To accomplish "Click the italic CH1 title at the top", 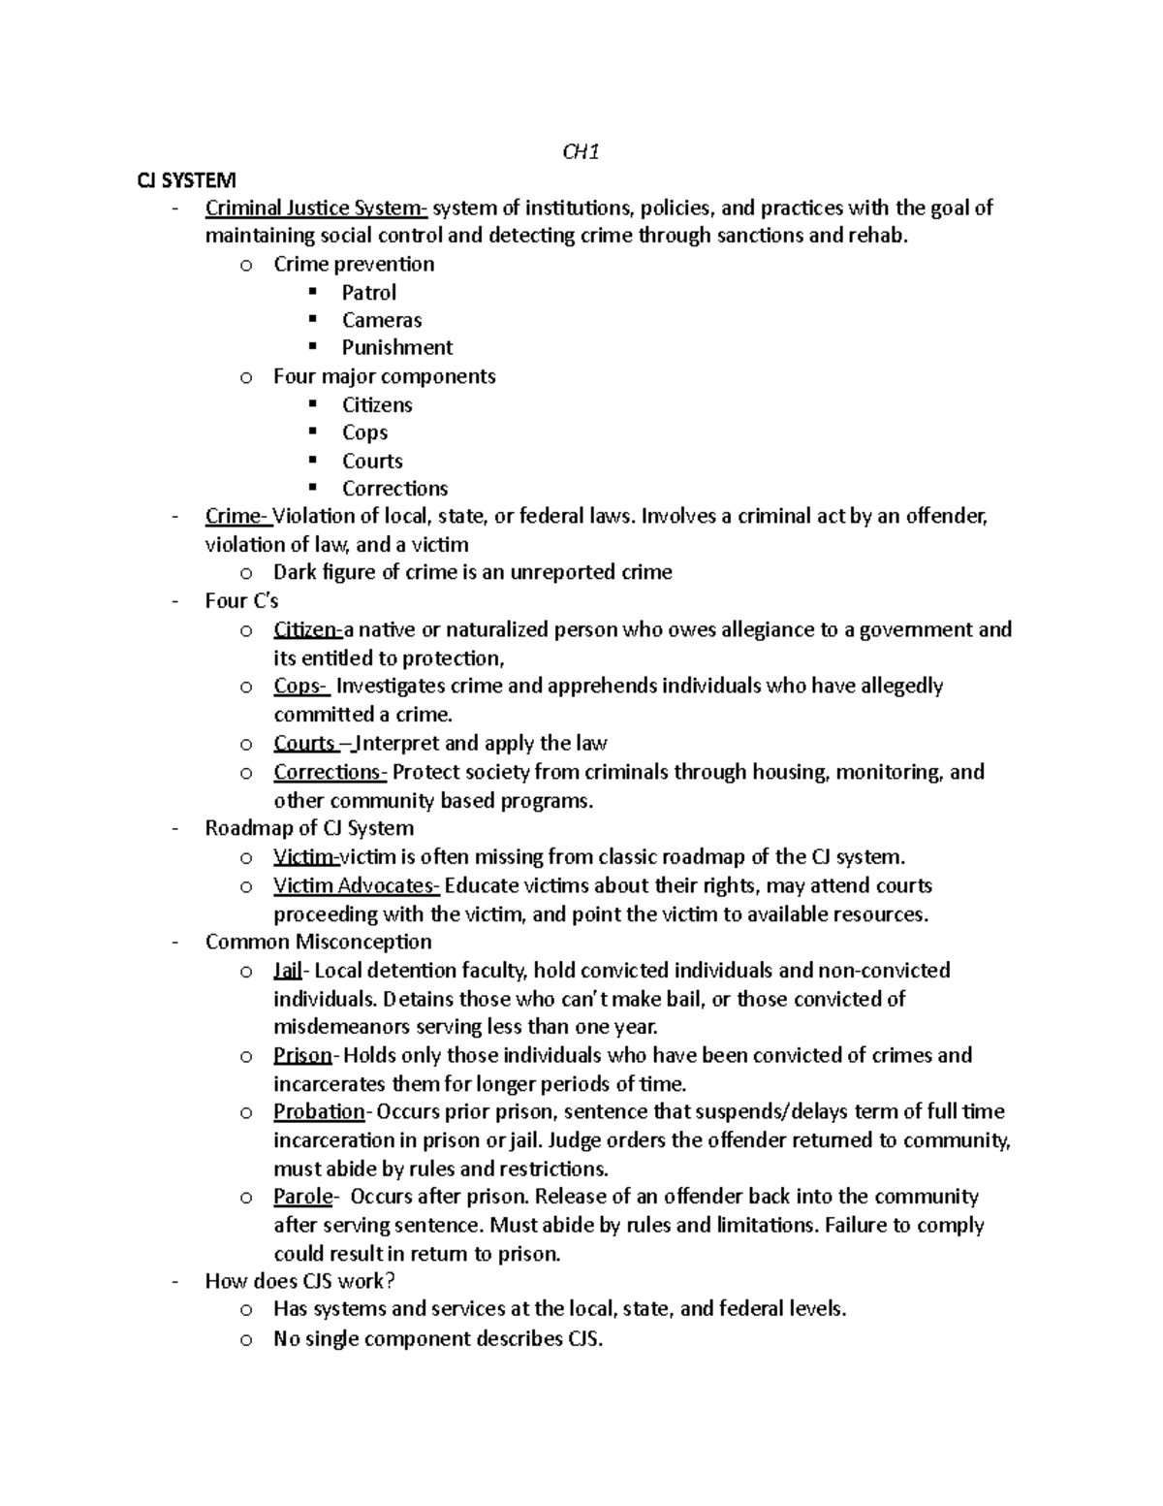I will pyautogui.click(x=581, y=151).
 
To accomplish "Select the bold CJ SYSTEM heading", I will pyautogui.click(x=185, y=179).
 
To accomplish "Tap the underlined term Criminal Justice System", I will pyautogui.click(x=315, y=208).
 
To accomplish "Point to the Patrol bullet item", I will pyautogui.click(x=368, y=292).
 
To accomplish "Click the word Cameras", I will pyautogui.click(x=381, y=320).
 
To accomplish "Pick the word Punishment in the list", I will pyautogui.click(x=396, y=347).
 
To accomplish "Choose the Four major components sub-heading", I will pyautogui.click(x=384, y=376).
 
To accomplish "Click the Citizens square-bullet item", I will pyautogui.click(x=377, y=404).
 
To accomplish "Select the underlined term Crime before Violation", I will pyautogui.click(x=236, y=516).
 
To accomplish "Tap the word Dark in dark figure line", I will pyautogui.click(x=295, y=572).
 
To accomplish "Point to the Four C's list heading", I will pyautogui.click(x=241, y=601).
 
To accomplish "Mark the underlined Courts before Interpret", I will pyautogui.click(x=304, y=744).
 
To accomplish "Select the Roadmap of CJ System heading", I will pyautogui.click(x=309, y=828).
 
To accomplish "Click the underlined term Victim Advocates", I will pyautogui.click(x=355, y=885).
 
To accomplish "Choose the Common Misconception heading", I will pyautogui.click(x=318, y=942).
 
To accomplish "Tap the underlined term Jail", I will pyautogui.click(x=288, y=971).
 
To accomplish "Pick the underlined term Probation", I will pyautogui.click(x=319, y=1111).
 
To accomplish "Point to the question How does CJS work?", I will pyautogui.click(x=300, y=1281).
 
